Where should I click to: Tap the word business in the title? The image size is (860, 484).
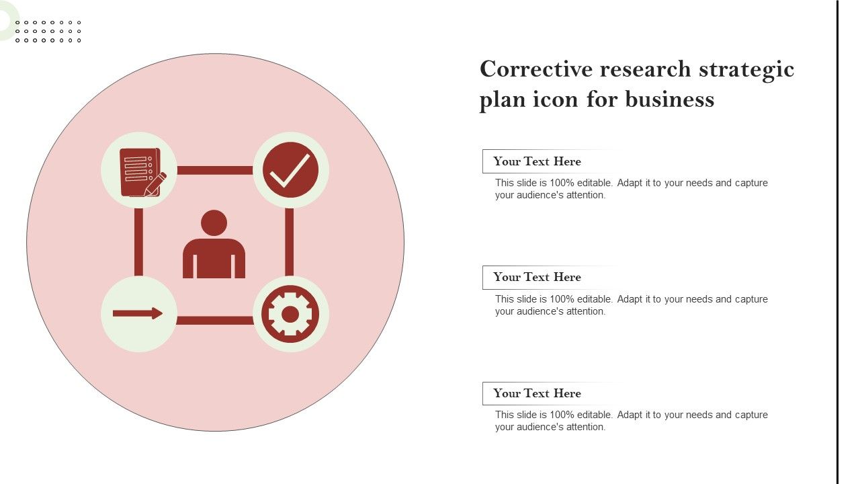tap(670, 99)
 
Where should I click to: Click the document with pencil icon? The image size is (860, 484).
tap(142, 173)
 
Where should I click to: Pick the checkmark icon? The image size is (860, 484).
tap(291, 170)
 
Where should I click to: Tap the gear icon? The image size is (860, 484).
tap(290, 314)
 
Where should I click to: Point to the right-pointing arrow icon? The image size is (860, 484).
tap(138, 313)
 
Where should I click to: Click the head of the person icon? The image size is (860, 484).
tap(214, 223)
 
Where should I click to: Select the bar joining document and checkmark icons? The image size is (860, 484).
tap(215, 170)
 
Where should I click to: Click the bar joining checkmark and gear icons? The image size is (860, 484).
tap(290, 242)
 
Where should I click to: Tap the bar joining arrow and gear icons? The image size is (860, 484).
tap(215, 321)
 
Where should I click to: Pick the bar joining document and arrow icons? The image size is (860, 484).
tap(138, 242)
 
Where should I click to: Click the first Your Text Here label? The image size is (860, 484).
tap(537, 161)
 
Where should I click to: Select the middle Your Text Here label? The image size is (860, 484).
tap(537, 277)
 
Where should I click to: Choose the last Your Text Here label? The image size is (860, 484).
tap(537, 393)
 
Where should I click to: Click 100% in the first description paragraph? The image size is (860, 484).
tap(562, 183)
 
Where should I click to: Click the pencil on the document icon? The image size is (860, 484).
tap(155, 184)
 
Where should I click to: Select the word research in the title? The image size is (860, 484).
tap(646, 69)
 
